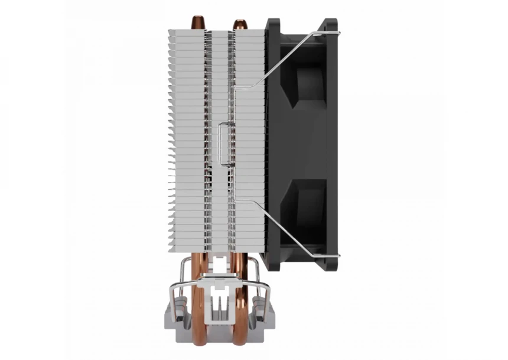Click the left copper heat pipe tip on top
(197, 22)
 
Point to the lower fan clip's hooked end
(336, 255)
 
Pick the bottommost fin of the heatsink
(216, 250)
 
